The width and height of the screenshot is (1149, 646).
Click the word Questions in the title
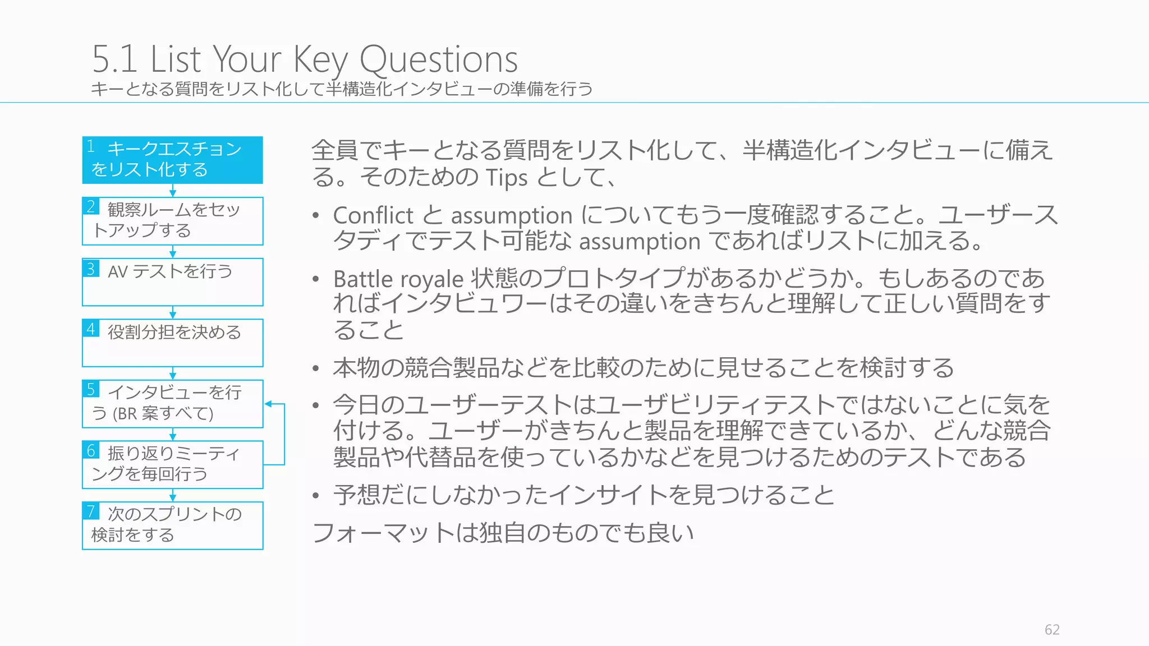click(x=438, y=59)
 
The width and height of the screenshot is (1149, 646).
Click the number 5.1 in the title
click(x=114, y=59)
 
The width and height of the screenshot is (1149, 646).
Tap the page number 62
click(x=1052, y=630)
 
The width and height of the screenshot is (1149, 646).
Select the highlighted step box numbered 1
click(x=172, y=160)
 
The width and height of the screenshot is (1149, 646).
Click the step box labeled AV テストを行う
click(x=172, y=282)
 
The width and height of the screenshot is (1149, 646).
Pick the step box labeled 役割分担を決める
click(x=172, y=343)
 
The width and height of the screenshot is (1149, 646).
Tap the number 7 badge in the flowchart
click(x=91, y=511)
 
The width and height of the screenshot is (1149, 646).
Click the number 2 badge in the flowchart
click(x=91, y=206)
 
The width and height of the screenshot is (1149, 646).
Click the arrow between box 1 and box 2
click(x=173, y=191)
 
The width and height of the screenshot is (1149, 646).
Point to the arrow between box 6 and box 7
click(x=173, y=495)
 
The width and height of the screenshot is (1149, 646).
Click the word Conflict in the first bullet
click(x=373, y=215)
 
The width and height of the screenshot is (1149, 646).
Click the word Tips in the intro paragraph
click(x=507, y=178)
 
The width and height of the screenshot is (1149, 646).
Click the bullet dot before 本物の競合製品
click(x=316, y=368)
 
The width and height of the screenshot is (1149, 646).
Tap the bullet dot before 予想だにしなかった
click(x=316, y=496)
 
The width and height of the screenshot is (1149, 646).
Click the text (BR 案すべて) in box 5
click(x=163, y=414)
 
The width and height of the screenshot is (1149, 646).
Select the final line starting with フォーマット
click(x=503, y=533)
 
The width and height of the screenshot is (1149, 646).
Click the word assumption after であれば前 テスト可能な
click(x=640, y=242)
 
